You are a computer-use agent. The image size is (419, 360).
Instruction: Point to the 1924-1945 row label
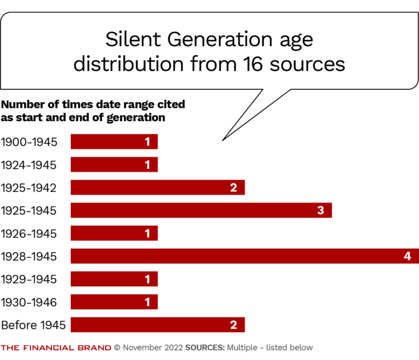(x=28, y=165)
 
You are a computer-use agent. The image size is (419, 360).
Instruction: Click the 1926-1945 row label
(x=28, y=233)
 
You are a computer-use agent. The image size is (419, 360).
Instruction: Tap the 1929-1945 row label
(x=28, y=279)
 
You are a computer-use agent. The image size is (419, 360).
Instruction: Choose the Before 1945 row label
(x=33, y=325)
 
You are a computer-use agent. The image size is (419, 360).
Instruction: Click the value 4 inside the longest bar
(x=407, y=256)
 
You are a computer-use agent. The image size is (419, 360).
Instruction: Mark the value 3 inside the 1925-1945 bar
(x=321, y=211)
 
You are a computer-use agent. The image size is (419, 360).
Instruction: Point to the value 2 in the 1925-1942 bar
(x=234, y=188)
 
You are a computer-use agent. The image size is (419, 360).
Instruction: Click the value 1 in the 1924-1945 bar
(x=147, y=165)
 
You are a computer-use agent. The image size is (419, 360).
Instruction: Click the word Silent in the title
(x=129, y=40)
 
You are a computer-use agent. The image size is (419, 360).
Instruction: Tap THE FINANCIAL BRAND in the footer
(x=56, y=347)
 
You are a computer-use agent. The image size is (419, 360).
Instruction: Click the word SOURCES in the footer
(x=205, y=347)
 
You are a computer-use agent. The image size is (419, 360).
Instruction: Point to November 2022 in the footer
(x=152, y=347)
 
